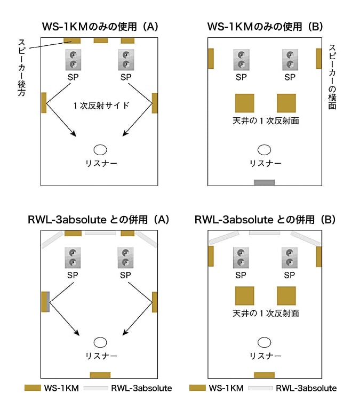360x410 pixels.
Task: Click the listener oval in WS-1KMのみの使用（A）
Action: pyautogui.click(x=100, y=150)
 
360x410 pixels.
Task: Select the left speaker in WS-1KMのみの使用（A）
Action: pyautogui.click(x=73, y=60)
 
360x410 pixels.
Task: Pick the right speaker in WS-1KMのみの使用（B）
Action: pyautogui.click(x=290, y=60)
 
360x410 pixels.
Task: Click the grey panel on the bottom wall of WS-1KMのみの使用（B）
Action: pyautogui.click(x=264, y=182)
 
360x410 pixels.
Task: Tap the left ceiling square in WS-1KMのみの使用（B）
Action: pyautogui.click(x=244, y=103)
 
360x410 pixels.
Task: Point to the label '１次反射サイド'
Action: pyautogui.click(x=101, y=106)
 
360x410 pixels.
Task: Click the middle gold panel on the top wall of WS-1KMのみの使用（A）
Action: pyautogui.click(x=100, y=40)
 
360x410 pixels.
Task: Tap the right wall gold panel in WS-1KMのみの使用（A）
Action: pyautogui.click(x=155, y=103)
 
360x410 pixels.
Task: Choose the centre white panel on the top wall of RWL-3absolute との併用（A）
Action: pyautogui.click(x=100, y=233)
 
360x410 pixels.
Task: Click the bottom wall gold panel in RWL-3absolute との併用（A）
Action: pyautogui.click(x=100, y=375)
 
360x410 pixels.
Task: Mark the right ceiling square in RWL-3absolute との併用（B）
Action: pyautogui.click(x=286, y=296)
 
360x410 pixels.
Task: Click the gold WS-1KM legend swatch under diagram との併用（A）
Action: pyautogui.click(x=33, y=388)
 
